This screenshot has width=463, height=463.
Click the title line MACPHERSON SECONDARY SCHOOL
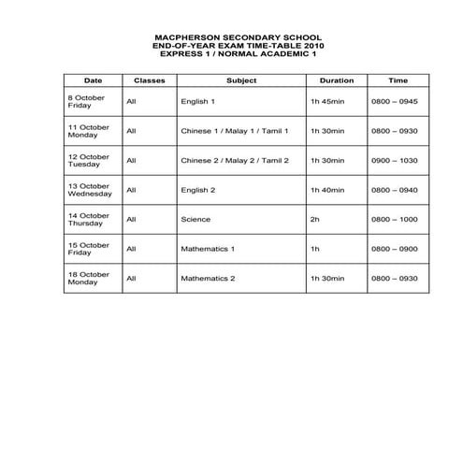pos(230,36)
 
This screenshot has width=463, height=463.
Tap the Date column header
pos(93,80)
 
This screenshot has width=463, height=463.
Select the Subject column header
pos(241,80)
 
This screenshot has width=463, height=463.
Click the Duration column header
pos(336,80)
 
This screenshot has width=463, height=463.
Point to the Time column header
pos(398,80)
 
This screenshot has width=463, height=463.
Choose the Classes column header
pos(150,80)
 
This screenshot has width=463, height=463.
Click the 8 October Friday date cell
pos(86,101)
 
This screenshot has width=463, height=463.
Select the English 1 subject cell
pos(198,101)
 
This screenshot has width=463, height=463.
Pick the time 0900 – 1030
pos(395,160)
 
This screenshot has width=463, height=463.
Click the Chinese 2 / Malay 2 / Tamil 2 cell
pos(235,160)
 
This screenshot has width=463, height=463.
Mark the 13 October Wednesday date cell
pos(91,190)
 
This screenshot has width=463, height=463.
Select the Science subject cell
pos(196,220)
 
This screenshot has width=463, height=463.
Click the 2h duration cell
pos(314,220)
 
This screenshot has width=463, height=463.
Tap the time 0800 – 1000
pos(395,220)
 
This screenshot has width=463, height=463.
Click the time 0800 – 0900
pos(395,249)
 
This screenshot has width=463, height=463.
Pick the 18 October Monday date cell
pos(89,279)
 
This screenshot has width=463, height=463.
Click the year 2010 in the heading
pos(313,45)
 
